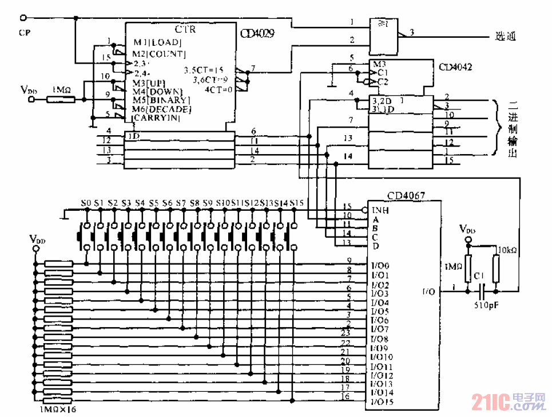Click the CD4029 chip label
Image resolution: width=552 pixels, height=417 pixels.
pyautogui.click(x=259, y=34)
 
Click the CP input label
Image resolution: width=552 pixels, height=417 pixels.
pyautogui.click(x=24, y=33)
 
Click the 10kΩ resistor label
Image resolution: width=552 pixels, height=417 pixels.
pyautogui.click(x=507, y=250)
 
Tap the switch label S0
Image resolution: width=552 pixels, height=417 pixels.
pyautogui.click(x=86, y=203)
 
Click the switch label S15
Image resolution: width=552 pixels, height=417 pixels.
pyautogui.click(x=296, y=203)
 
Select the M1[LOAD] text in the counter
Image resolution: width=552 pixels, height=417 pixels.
pyautogui.click(x=157, y=43)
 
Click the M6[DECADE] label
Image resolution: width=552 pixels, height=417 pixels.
pyautogui.click(x=162, y=109)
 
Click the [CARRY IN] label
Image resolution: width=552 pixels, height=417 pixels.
pyautogui.click(x=157, y=118)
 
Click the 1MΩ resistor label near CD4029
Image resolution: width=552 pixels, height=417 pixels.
pyautogui.click(x=61, y=90)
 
